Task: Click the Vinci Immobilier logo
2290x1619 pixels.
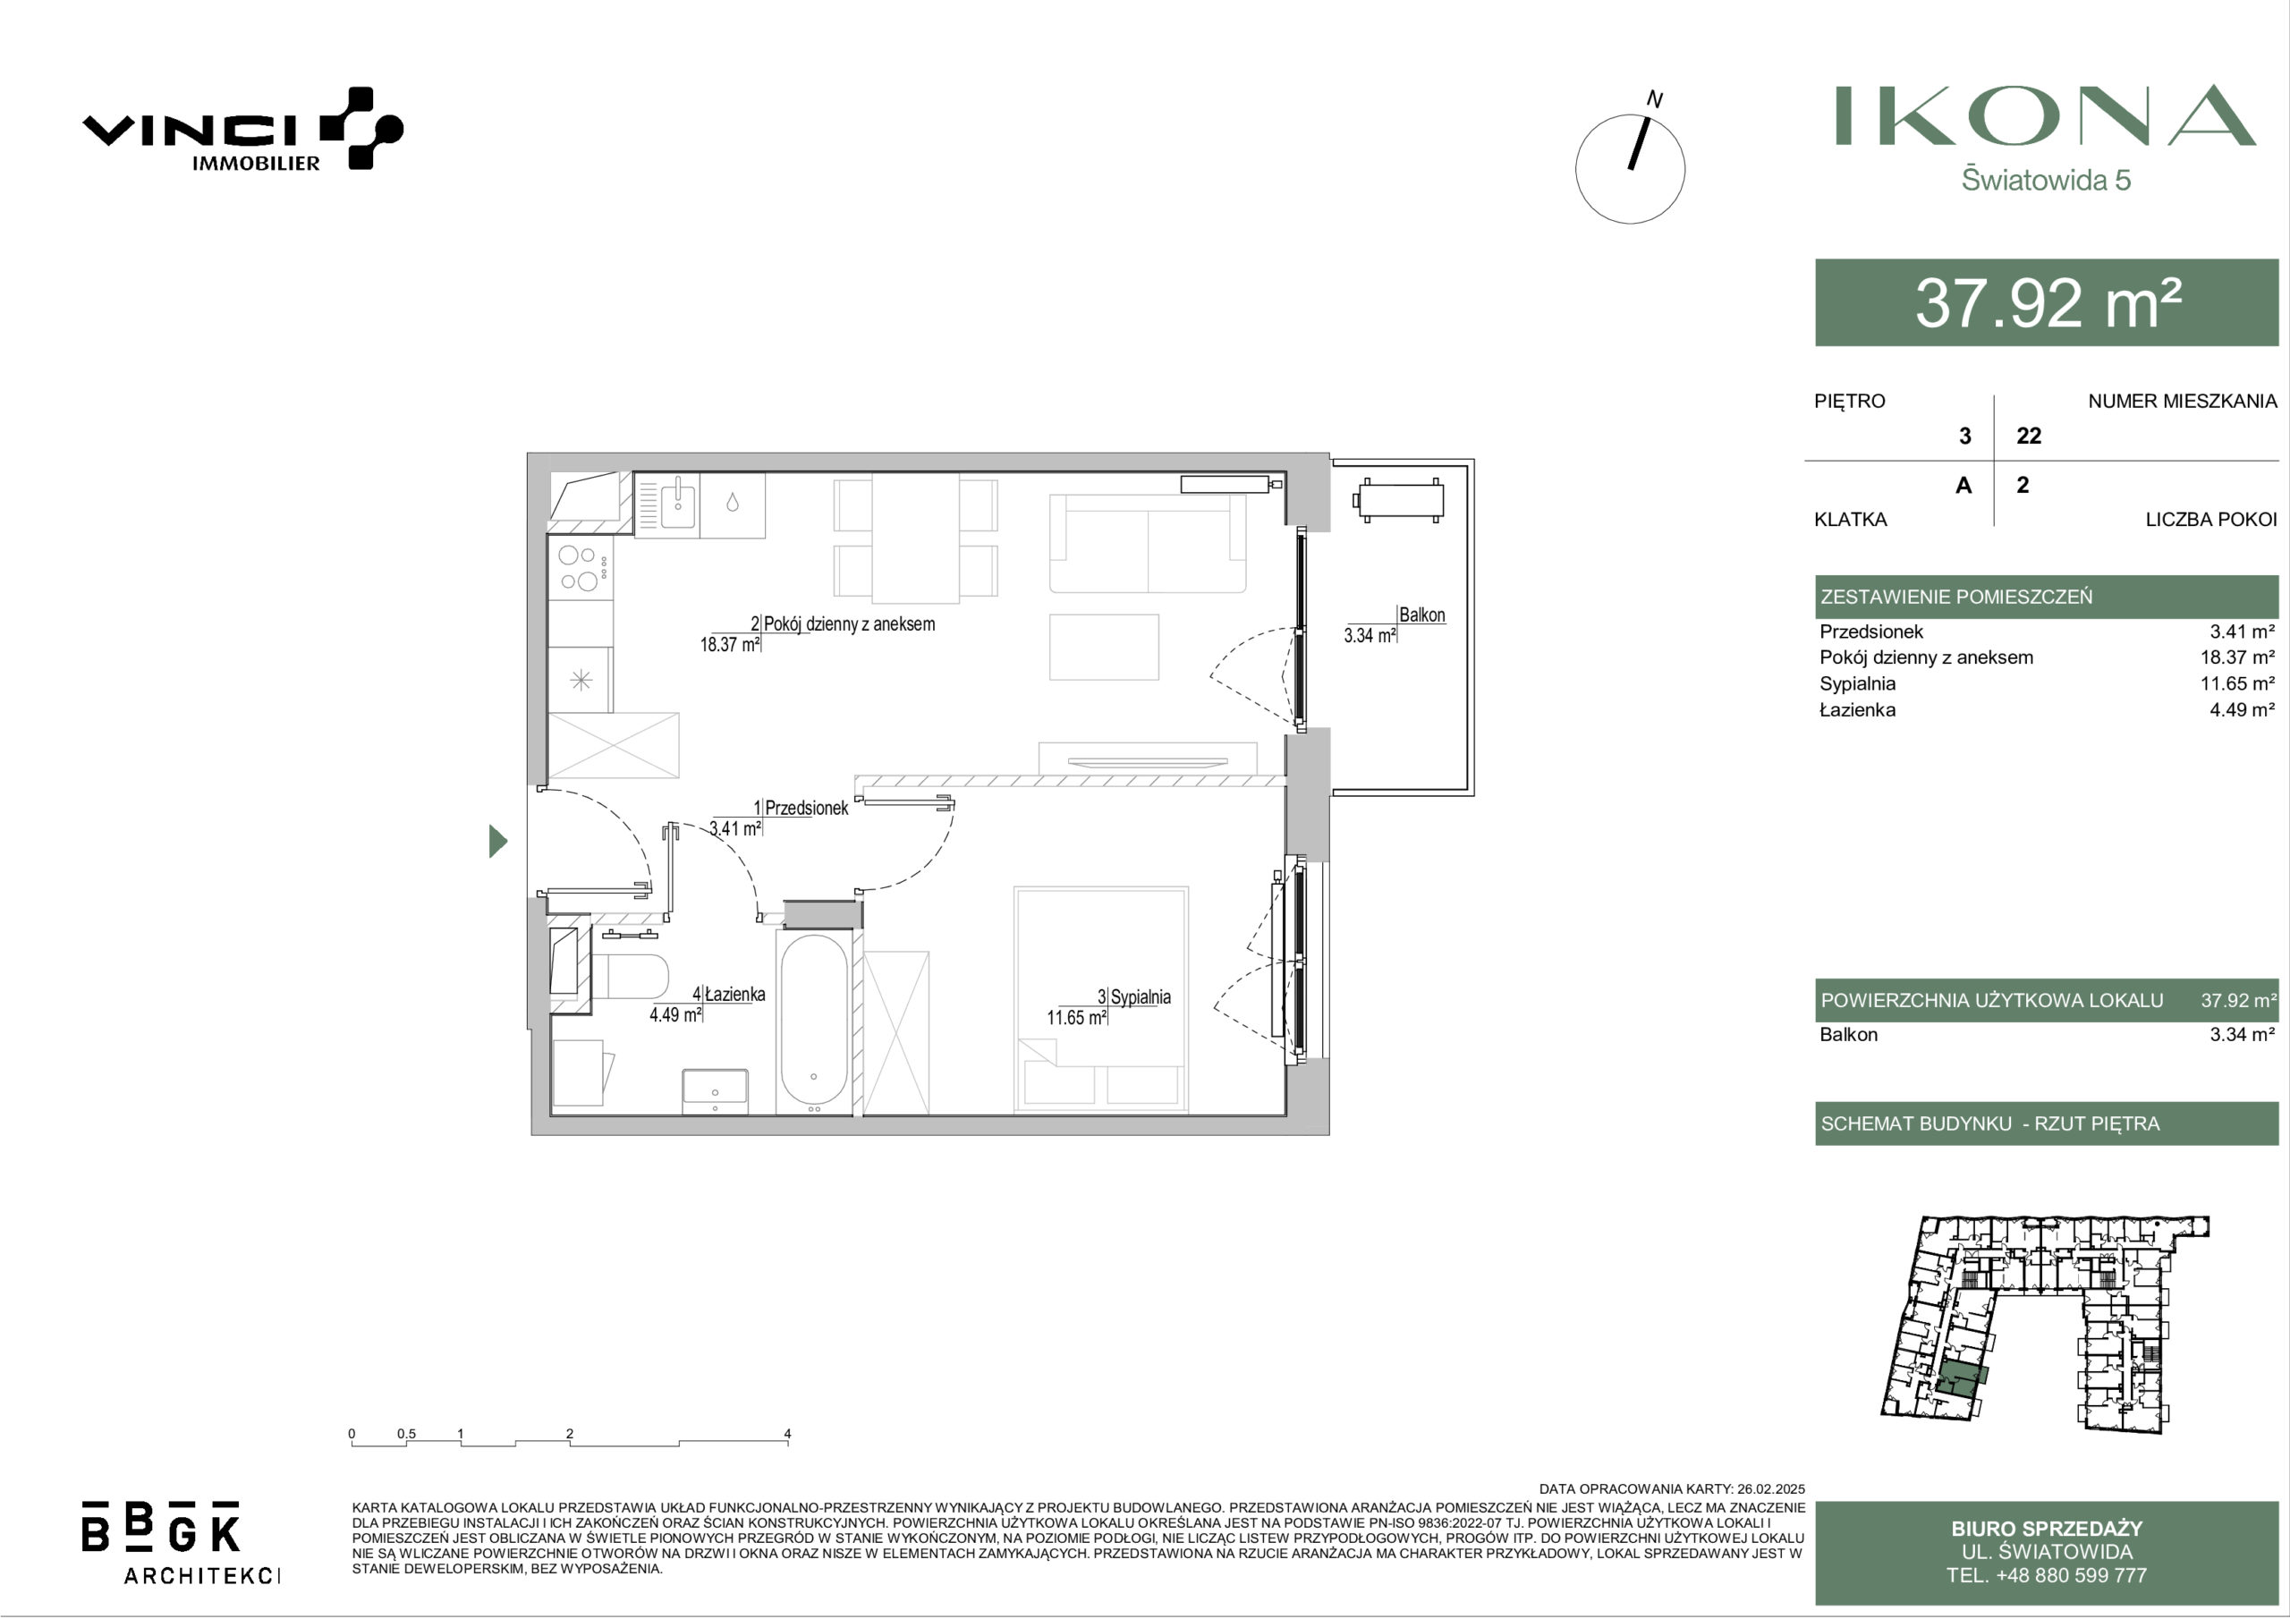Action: pos(242,129)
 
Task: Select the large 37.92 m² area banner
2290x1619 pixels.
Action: pos(2047,302)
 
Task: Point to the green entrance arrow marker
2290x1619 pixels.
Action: pos(497,841)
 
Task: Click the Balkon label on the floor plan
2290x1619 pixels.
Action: pos(1421,615)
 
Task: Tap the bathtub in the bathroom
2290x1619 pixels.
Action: pos(814,1022)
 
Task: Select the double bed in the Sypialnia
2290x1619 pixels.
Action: pos(1101,997)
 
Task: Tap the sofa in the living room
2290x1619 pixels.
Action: pos(1147,544)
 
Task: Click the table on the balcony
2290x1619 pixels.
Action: pos(1399,500)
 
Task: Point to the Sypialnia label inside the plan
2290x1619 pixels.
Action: pos(1140,996)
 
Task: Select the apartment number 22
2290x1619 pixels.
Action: pos(2029,436)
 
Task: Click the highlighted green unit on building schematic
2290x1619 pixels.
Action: pos(1960,1382)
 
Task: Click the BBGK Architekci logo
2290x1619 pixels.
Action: pos(180,1541)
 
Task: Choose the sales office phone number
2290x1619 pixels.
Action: pos(2047,1576)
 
